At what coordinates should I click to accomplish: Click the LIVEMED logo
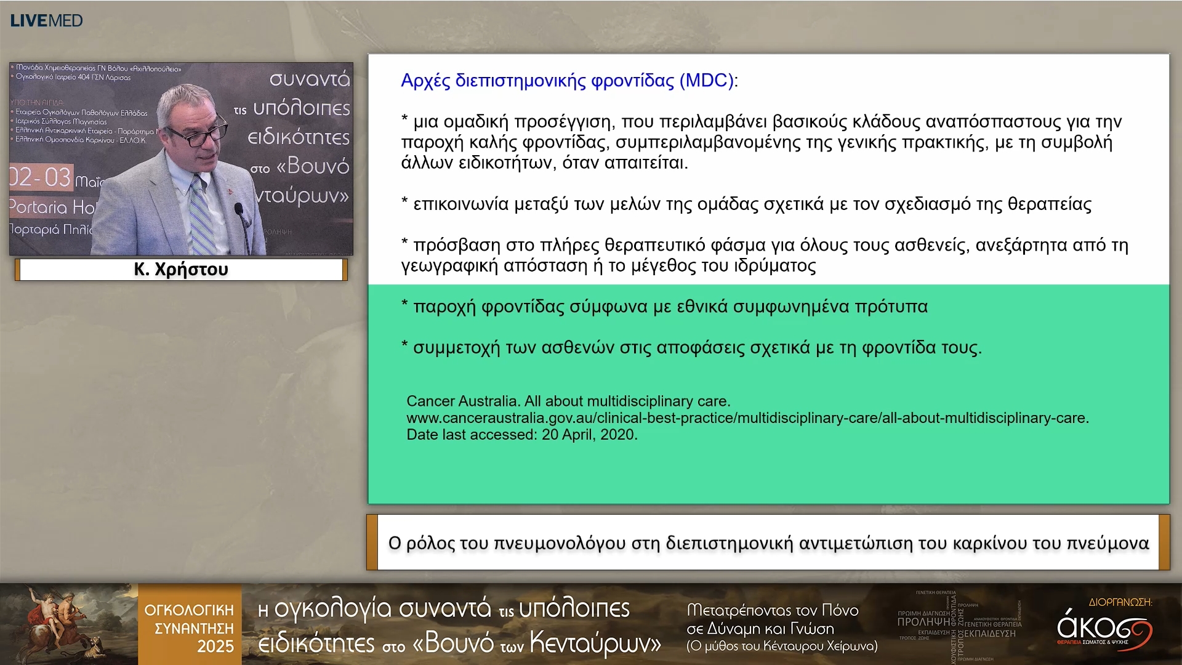point(46,20)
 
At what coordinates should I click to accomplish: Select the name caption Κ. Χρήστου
point(181,269)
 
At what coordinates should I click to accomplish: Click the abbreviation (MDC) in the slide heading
point(706,81)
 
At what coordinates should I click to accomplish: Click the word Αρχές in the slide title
point(425,81)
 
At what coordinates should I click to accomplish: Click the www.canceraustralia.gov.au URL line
point(747,418)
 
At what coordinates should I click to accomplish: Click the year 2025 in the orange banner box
point(215,647)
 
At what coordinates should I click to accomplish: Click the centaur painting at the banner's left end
point(68,623)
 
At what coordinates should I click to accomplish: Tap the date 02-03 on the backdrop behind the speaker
point(41,177)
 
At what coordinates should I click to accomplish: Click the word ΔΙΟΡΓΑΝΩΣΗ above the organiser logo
point(1120,602)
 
